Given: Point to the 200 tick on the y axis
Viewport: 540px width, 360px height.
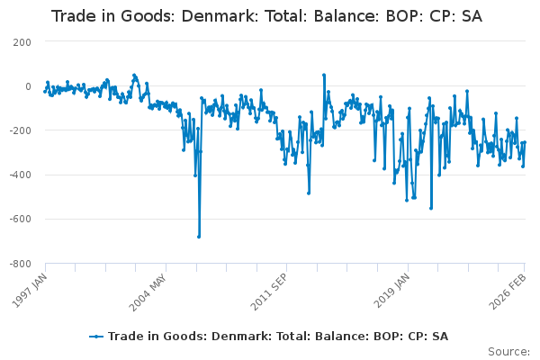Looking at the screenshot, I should pos(22,42).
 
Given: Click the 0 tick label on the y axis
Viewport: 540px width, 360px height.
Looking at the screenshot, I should pos(28,86).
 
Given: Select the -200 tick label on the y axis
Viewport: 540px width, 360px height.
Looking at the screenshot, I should pos(20,130).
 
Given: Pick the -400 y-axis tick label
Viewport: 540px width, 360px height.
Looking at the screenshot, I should pos(20,175).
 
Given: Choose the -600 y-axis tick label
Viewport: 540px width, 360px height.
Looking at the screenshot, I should pos(20,219).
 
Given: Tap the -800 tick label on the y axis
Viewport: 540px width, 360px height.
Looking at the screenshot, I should pos(20,264).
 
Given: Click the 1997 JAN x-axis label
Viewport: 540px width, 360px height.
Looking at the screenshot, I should pos(31,287).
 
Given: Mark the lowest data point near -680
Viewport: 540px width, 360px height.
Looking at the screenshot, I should pos(199,237).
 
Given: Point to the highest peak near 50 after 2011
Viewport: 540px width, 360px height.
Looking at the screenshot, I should pos(324,75).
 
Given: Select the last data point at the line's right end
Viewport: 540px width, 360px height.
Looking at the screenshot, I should pos(525,142).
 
